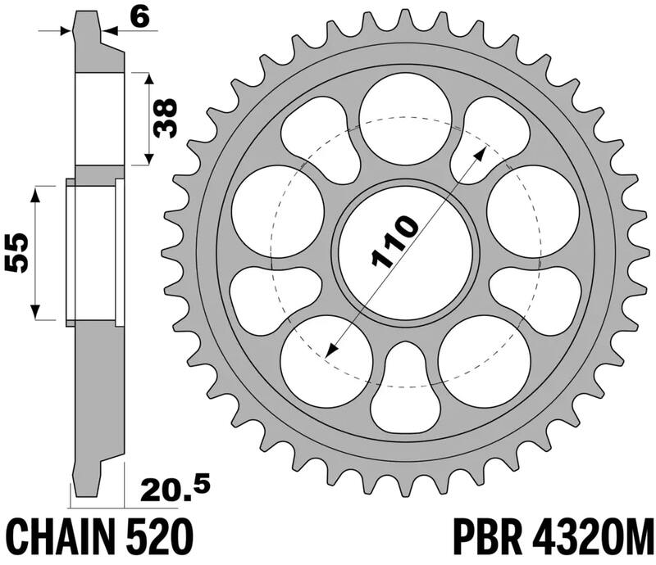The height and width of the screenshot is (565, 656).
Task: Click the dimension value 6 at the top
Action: pyautogui.click(x=143, y=17)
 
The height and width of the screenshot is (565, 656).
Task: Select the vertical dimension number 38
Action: pyautogui.click(x=166, y=118)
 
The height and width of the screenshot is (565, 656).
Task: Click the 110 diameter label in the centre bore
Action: pyautogui.click(x=395, y=243)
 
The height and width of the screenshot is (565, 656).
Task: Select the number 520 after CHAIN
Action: pyautogui.click(x=162, y=537)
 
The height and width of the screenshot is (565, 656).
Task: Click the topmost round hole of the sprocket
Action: pyautogui.click(x=405, y=111)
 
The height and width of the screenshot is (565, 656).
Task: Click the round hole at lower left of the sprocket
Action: pyautogui.click(x=318, y=360)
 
